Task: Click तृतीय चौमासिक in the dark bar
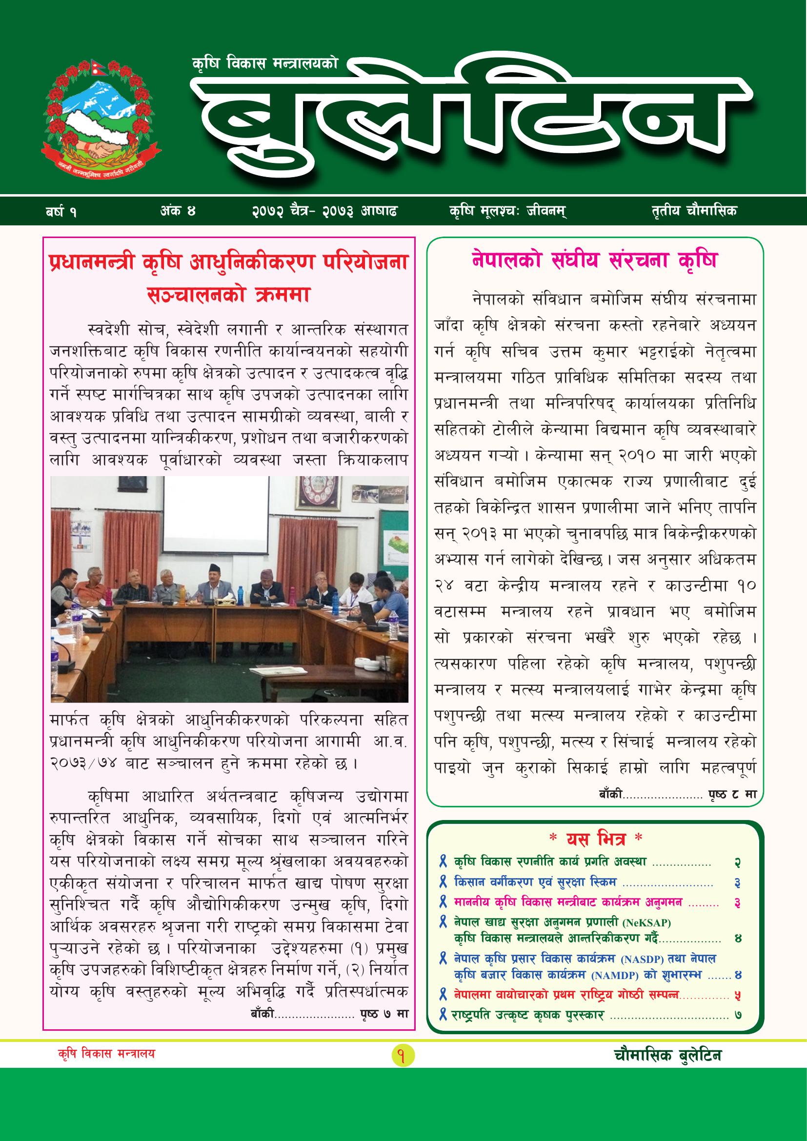pos(694,211)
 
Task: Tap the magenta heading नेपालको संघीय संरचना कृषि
pos(594,260)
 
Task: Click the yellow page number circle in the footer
pos(403,1096)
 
